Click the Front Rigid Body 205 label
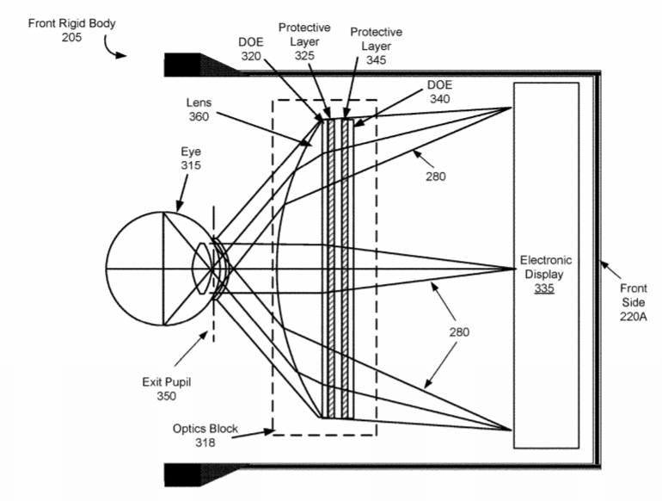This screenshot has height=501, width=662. click(x=71, y=30)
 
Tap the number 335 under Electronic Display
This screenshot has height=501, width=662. click(x=544, y=288)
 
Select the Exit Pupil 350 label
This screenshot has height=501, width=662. click(x=166, y=389)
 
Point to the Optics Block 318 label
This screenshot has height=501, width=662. click(x=205, y=436)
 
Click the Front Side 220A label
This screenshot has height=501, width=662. click(x=634, y=302)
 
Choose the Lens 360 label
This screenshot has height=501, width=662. click(x=199, y=109)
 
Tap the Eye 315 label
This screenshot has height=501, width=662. click(x=191, y=158)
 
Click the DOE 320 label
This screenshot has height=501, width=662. click(x=251, y=49)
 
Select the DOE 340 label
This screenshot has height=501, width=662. click(x=439, y=92)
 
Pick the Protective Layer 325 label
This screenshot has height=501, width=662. click(x=304, y=41)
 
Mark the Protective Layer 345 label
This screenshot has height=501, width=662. click(x=377, y=46)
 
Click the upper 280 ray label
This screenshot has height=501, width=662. click(x=436, y=176)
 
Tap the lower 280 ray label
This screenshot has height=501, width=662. click(x=459, y=332)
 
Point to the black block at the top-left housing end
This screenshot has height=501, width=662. click(x=182, y=65)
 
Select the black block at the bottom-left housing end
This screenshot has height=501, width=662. click(x=182, y=475)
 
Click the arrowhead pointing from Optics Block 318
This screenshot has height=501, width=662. click(x=269, y=431)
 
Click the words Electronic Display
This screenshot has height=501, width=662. click(x=546, y=267)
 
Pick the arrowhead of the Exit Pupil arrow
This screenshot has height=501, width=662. click(x=204, y=335)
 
